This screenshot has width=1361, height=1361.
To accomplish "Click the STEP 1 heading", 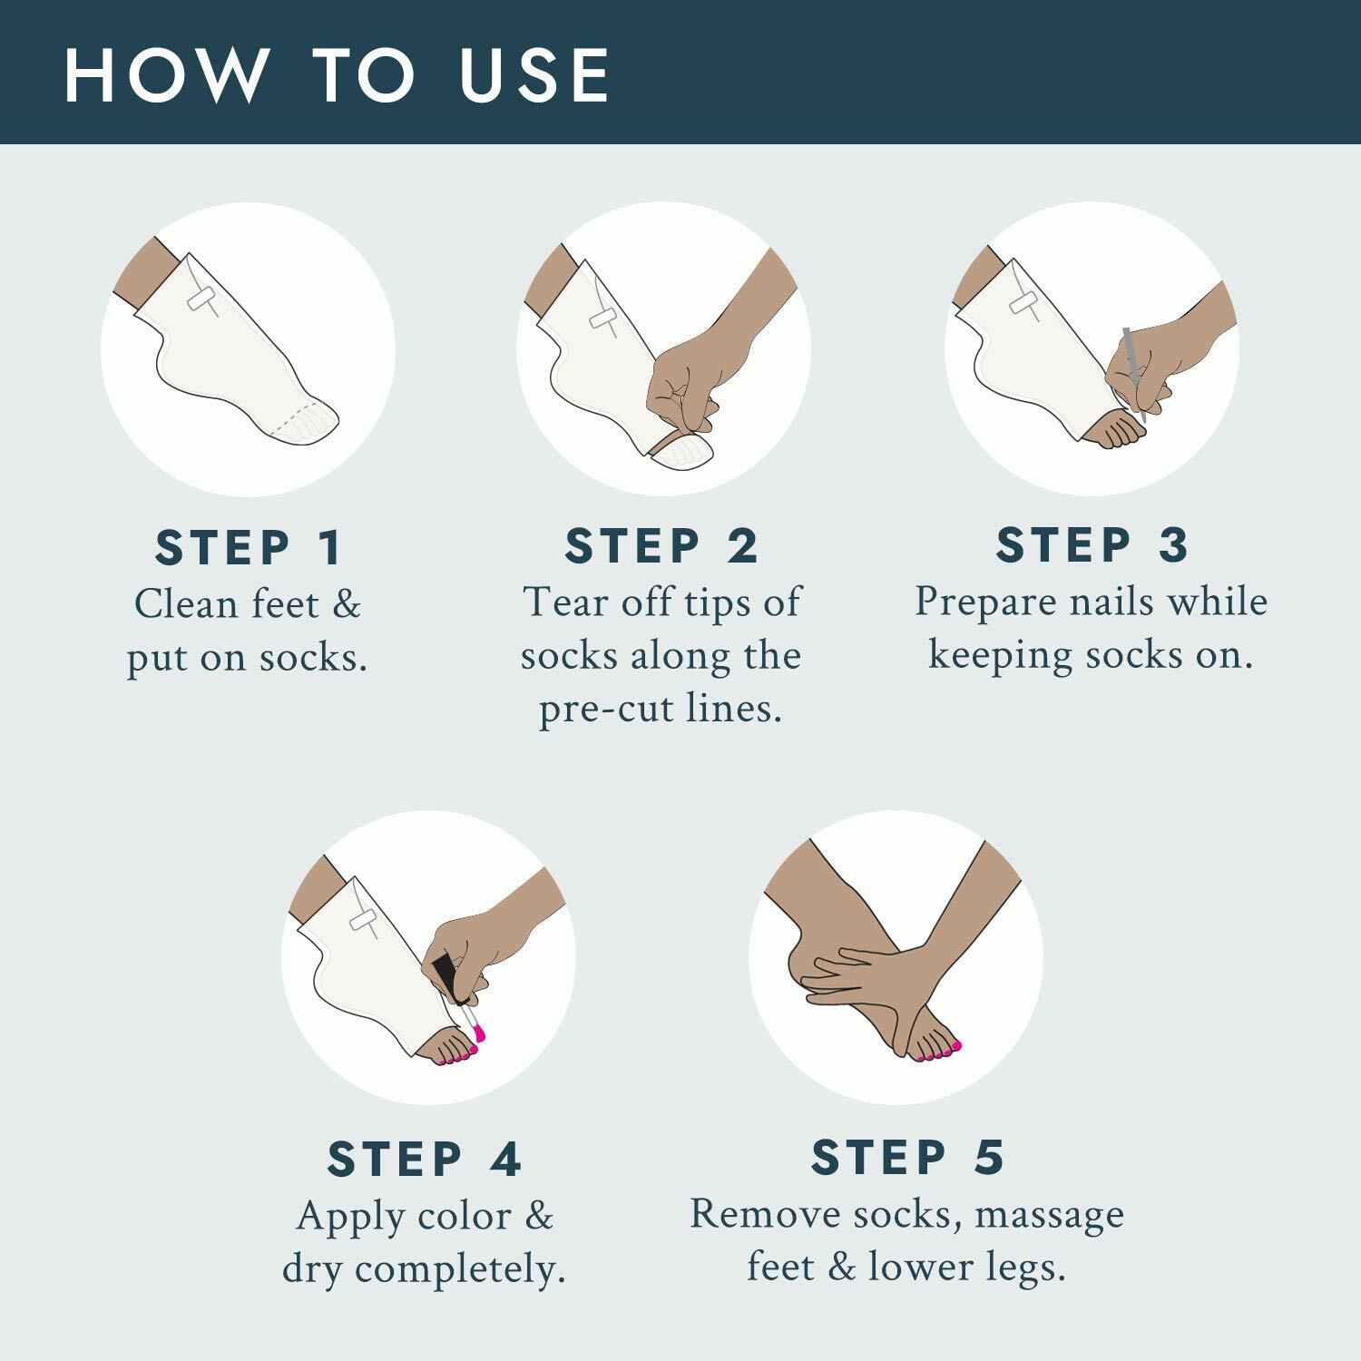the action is [x=249, y=548].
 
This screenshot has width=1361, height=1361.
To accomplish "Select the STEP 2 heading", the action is [x=661, y=546].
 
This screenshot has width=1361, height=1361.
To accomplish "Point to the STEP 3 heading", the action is [x=1092, y=544].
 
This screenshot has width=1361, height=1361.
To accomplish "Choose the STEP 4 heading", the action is [x=425, y=1159].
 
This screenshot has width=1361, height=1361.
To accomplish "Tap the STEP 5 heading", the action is [x=908, y=1157].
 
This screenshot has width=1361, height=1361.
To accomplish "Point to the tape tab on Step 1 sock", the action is [x=201, y=297].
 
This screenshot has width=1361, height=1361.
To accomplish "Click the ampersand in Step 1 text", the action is [x=346, y=604].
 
